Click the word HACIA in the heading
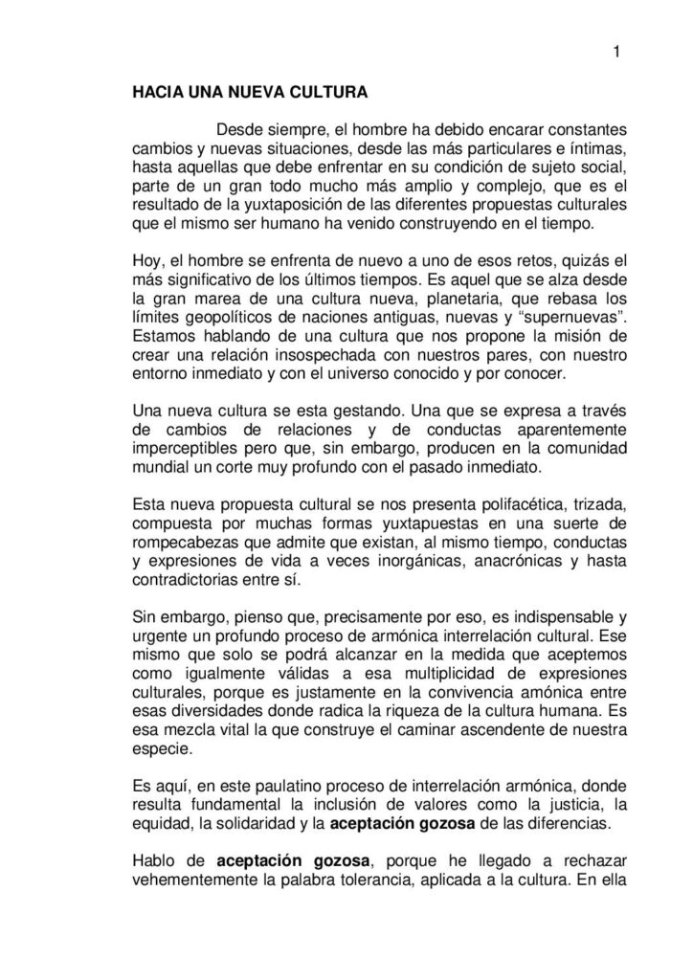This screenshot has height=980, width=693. (155, 95)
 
